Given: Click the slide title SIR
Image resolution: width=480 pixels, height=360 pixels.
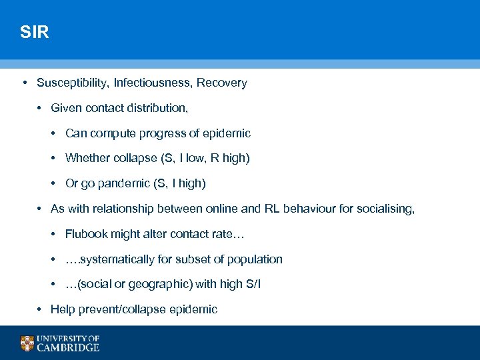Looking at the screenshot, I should pos(35,33).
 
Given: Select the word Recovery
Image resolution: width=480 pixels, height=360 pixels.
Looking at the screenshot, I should pos(221,83).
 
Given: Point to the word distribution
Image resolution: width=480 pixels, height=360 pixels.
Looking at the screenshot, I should pos(157,108).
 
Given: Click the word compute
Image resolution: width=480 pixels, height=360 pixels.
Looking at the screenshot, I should pos(113,133).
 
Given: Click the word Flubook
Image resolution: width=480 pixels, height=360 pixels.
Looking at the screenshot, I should pos(87,234).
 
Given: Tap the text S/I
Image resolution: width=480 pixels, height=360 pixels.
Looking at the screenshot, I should pos(253,284).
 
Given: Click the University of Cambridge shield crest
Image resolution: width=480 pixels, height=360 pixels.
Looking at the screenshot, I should pos(27,343).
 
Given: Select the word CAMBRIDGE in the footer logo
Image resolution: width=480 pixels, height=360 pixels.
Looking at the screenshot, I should pos(68,347).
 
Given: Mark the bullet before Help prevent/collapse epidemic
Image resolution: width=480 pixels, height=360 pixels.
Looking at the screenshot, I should pos(41,309).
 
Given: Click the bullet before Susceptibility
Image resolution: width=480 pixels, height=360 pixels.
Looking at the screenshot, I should pos(24,83).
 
